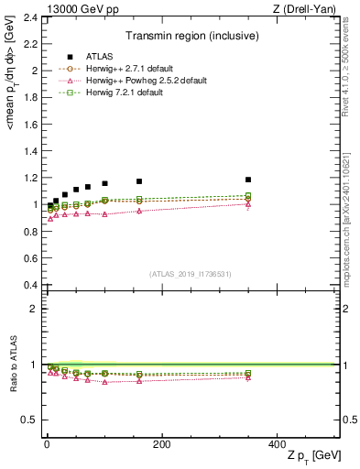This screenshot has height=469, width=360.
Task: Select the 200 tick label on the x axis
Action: (x=161, y=443)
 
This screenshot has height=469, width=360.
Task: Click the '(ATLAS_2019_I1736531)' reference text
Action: (x=190, y=274)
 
